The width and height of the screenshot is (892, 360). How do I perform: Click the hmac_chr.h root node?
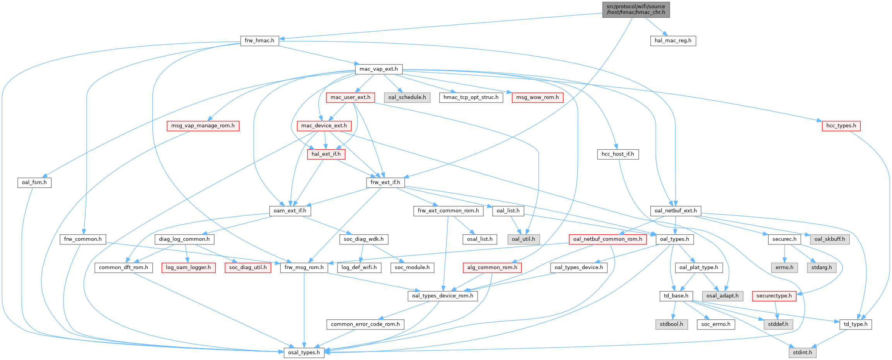pyautogui.click(x=636, y=9)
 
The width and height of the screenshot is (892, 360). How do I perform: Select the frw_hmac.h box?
pyautogui.click(x=259, y=41)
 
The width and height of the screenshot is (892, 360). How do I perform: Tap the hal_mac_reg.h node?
pyautogui.click(x=673, y=41)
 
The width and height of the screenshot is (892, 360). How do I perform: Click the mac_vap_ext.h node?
pyautogui.click(x=379, y=69)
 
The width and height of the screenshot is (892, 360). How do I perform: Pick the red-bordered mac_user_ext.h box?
pyautogui.click(x=350, y=97)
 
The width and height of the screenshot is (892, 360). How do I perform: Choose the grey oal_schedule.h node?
pyautogui.click(x=407, y=97)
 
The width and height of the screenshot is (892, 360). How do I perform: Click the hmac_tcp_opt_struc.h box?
pyautogui.click(x=471, y=97)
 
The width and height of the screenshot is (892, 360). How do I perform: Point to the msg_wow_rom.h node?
pyautogui.click(x=537, y=97)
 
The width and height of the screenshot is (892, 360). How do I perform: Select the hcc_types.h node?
pyautogui.click(x=841, y=126)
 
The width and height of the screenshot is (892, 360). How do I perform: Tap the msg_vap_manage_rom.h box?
pyautogui.click(x=203, y=126)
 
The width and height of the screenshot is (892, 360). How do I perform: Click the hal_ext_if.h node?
pyautogui.click(x=326, y=154)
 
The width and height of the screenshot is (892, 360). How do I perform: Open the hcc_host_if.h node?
pyautogui.click(x=617, y=154)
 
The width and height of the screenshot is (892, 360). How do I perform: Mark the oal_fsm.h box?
pyautogui.click(x=34, y=183)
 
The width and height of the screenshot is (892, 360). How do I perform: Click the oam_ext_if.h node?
pyautogui.click(x=290, y=211)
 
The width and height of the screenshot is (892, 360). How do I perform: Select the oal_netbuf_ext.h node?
pyautogui.click(x=675, y=211)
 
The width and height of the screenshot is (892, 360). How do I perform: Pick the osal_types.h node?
pyautogui.click(x=304, y=353)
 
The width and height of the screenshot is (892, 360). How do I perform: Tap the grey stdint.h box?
pyautogui.click(x=802, y=353)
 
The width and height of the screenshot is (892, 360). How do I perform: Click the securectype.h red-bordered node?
pyautogui.click(x=774, y=296)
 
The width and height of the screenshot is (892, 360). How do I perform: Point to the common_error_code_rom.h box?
pyautogui.click(x=365, y=324)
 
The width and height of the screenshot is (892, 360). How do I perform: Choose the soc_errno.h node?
pyautogui.click(x=716, y=324)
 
